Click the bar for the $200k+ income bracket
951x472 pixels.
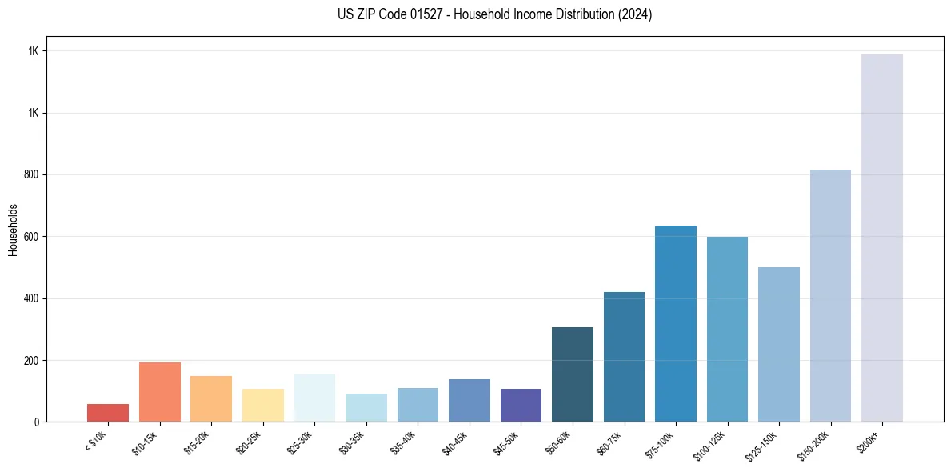tap(882, 238)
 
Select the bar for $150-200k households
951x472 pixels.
tap(830, 295)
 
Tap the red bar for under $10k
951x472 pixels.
tap(108, 413)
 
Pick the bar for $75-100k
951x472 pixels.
tap(676, 323)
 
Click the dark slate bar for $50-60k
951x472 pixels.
tap(573, 374)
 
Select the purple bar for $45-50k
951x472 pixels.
tap(521, 405)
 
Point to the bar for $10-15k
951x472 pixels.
tap(160, 392)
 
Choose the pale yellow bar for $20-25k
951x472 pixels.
tap(263, 405)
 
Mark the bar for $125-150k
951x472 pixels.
tap(779, 344)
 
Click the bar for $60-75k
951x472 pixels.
tap(624, 357)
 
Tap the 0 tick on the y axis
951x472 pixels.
tap(37, 422)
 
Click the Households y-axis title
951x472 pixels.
tap(14, 229)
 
